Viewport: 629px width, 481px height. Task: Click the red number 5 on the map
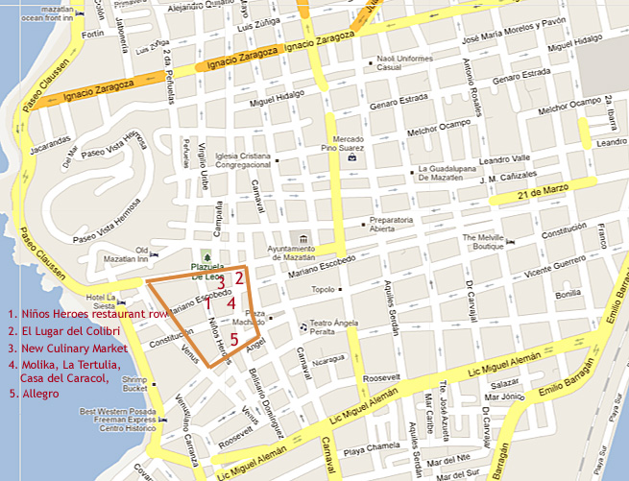coord(234,339)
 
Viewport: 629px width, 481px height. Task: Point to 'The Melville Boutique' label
coord(483,242)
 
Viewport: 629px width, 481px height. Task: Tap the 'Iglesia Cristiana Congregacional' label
coord(243,161)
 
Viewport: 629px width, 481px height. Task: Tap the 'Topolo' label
coord(324,289)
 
